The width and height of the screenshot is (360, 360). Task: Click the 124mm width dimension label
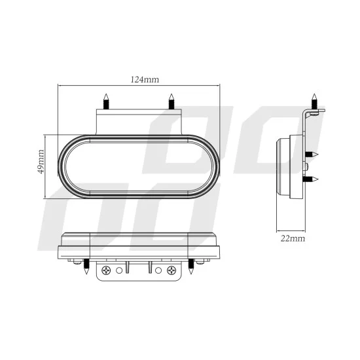pos(145,80)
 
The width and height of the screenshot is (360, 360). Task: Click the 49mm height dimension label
pos(41,162)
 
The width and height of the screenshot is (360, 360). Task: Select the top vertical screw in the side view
pos(314,102)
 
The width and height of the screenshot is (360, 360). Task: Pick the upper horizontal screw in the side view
pos(312,154)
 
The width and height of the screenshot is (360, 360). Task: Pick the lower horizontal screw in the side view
pos(312,179)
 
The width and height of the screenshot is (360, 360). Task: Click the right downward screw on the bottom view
pos(190,267)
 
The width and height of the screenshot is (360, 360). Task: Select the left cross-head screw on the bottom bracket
pos(105,269)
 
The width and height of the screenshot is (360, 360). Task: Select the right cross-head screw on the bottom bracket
pos(171,269)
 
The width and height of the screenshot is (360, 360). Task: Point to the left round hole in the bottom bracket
pos(118,270)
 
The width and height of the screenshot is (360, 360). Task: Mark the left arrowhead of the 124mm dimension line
pos(60,86)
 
